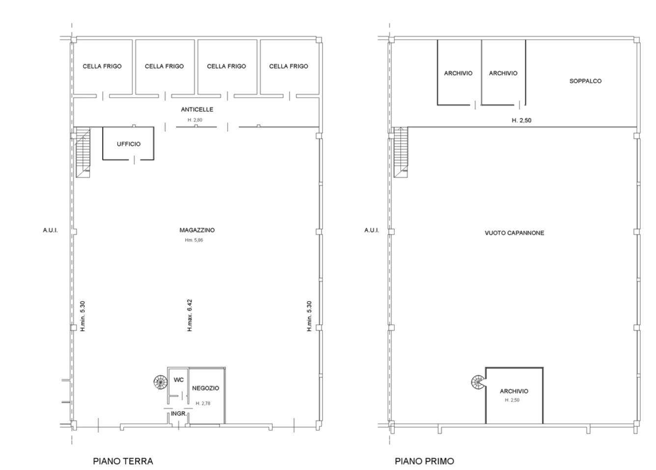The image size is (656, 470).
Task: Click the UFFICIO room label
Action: [129, 144]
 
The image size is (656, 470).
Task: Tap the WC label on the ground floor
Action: [179, 380]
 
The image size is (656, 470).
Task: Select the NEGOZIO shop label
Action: [206, 388]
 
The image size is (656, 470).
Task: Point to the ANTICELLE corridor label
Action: [197, 109]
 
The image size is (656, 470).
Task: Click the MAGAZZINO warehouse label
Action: [197, 230]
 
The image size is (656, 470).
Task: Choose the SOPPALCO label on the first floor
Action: [585, 81]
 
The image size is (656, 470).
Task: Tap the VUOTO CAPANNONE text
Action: [514, 233]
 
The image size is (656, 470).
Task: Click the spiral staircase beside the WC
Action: [161, 382]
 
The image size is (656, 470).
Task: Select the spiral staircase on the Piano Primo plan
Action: [478, 382]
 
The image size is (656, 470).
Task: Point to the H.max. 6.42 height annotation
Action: [190, 315]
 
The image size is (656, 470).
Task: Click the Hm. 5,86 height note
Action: [194, 240]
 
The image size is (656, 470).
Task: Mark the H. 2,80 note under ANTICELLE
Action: [195, 120]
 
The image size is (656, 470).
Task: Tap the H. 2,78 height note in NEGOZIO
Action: [203, 403]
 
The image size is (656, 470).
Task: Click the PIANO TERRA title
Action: [123, 461]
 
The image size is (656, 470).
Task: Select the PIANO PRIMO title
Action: [424, 461]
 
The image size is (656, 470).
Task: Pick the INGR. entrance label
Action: [179, 414]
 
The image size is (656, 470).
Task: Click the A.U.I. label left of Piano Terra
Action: [51, 230]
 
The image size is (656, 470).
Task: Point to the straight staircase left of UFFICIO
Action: [83, 153]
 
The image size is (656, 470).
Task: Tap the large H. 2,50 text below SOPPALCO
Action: [521, 120]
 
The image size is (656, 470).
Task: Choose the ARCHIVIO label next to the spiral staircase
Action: [514, 391]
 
